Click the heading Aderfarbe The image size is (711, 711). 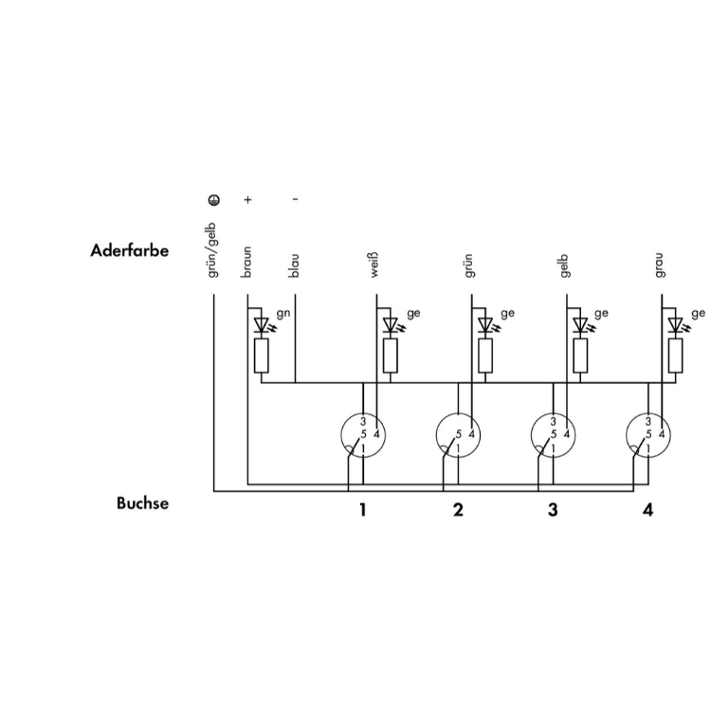[x=129, y=250]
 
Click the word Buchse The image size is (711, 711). [x=142, y=502]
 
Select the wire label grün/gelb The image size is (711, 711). [x=212, y=250]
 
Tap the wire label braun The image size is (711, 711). [x=246, y=262]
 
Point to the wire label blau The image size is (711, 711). [x=294, y=265]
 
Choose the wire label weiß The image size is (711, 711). [x=374, y=265]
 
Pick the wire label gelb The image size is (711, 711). [x=564, y=266]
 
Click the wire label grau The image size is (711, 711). [x=659, y=265]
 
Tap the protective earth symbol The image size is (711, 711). [x=214, y=199]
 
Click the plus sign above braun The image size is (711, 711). [x=247, y=199]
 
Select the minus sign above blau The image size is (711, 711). [x=295, y=199]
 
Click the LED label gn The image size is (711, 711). [x=283, y=314]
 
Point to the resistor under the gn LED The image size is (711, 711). [x=262, y=355]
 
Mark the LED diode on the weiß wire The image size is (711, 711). [x=390, y=325]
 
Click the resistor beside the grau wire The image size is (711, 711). [x=676, y=355]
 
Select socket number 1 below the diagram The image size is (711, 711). [x=362, y=510]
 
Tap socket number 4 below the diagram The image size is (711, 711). [x=648, y=510]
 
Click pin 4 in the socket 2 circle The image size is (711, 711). [x=471, y=435]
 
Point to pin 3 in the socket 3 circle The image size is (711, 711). [x=554, y=422]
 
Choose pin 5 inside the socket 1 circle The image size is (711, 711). [x=363, y=435]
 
